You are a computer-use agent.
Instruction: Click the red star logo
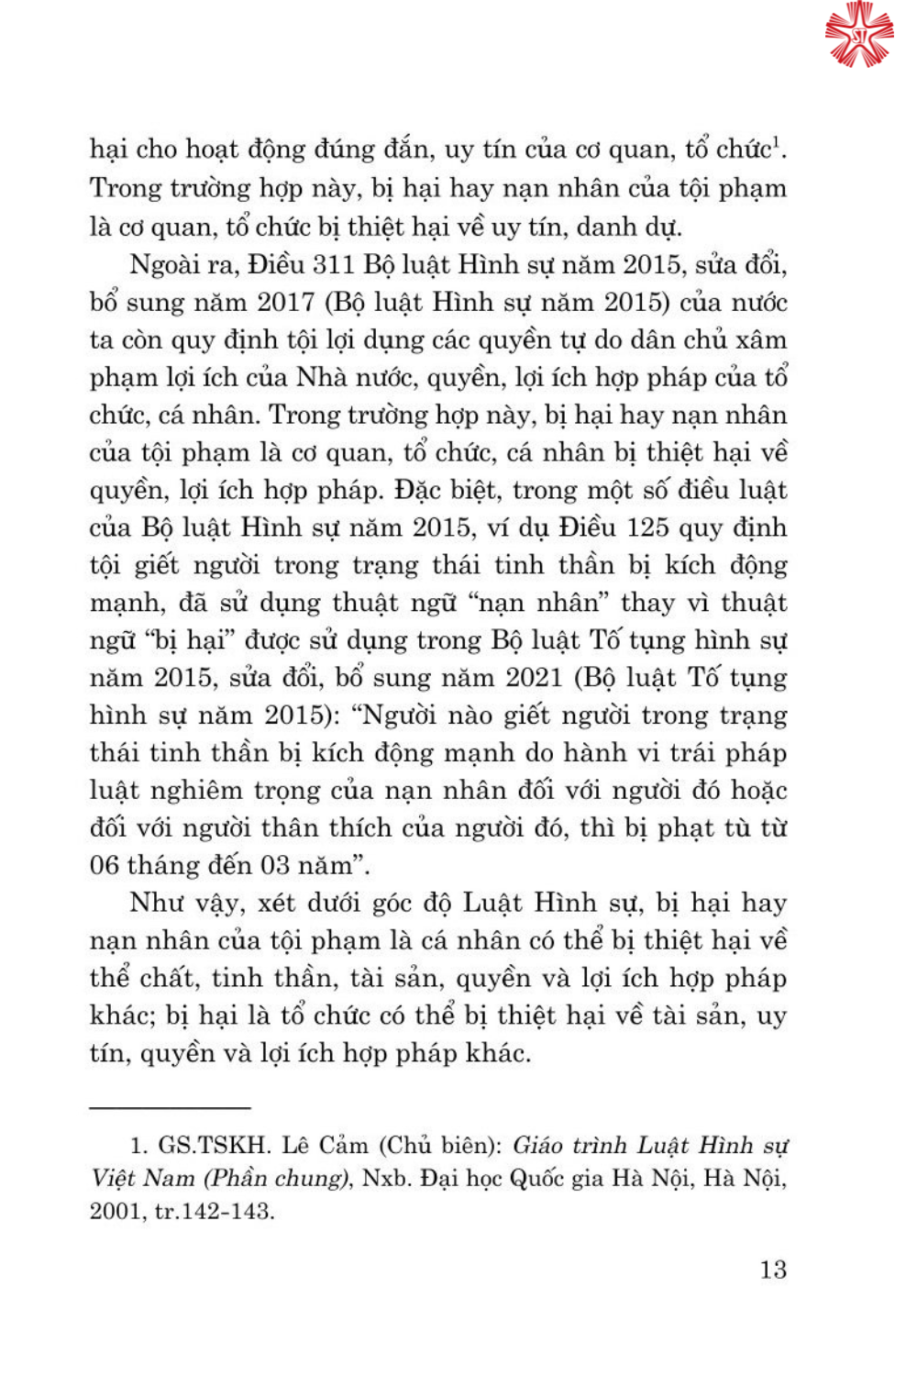(858, 34)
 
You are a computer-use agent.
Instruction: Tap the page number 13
(772, 1269)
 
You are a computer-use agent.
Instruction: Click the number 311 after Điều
(334, 264)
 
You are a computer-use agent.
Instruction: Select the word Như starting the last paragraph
(158, 903)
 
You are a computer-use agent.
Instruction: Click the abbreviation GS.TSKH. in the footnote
(215, 1145)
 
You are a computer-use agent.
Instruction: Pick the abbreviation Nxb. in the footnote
(386, 1178)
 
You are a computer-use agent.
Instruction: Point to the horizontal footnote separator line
(170, 1108)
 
